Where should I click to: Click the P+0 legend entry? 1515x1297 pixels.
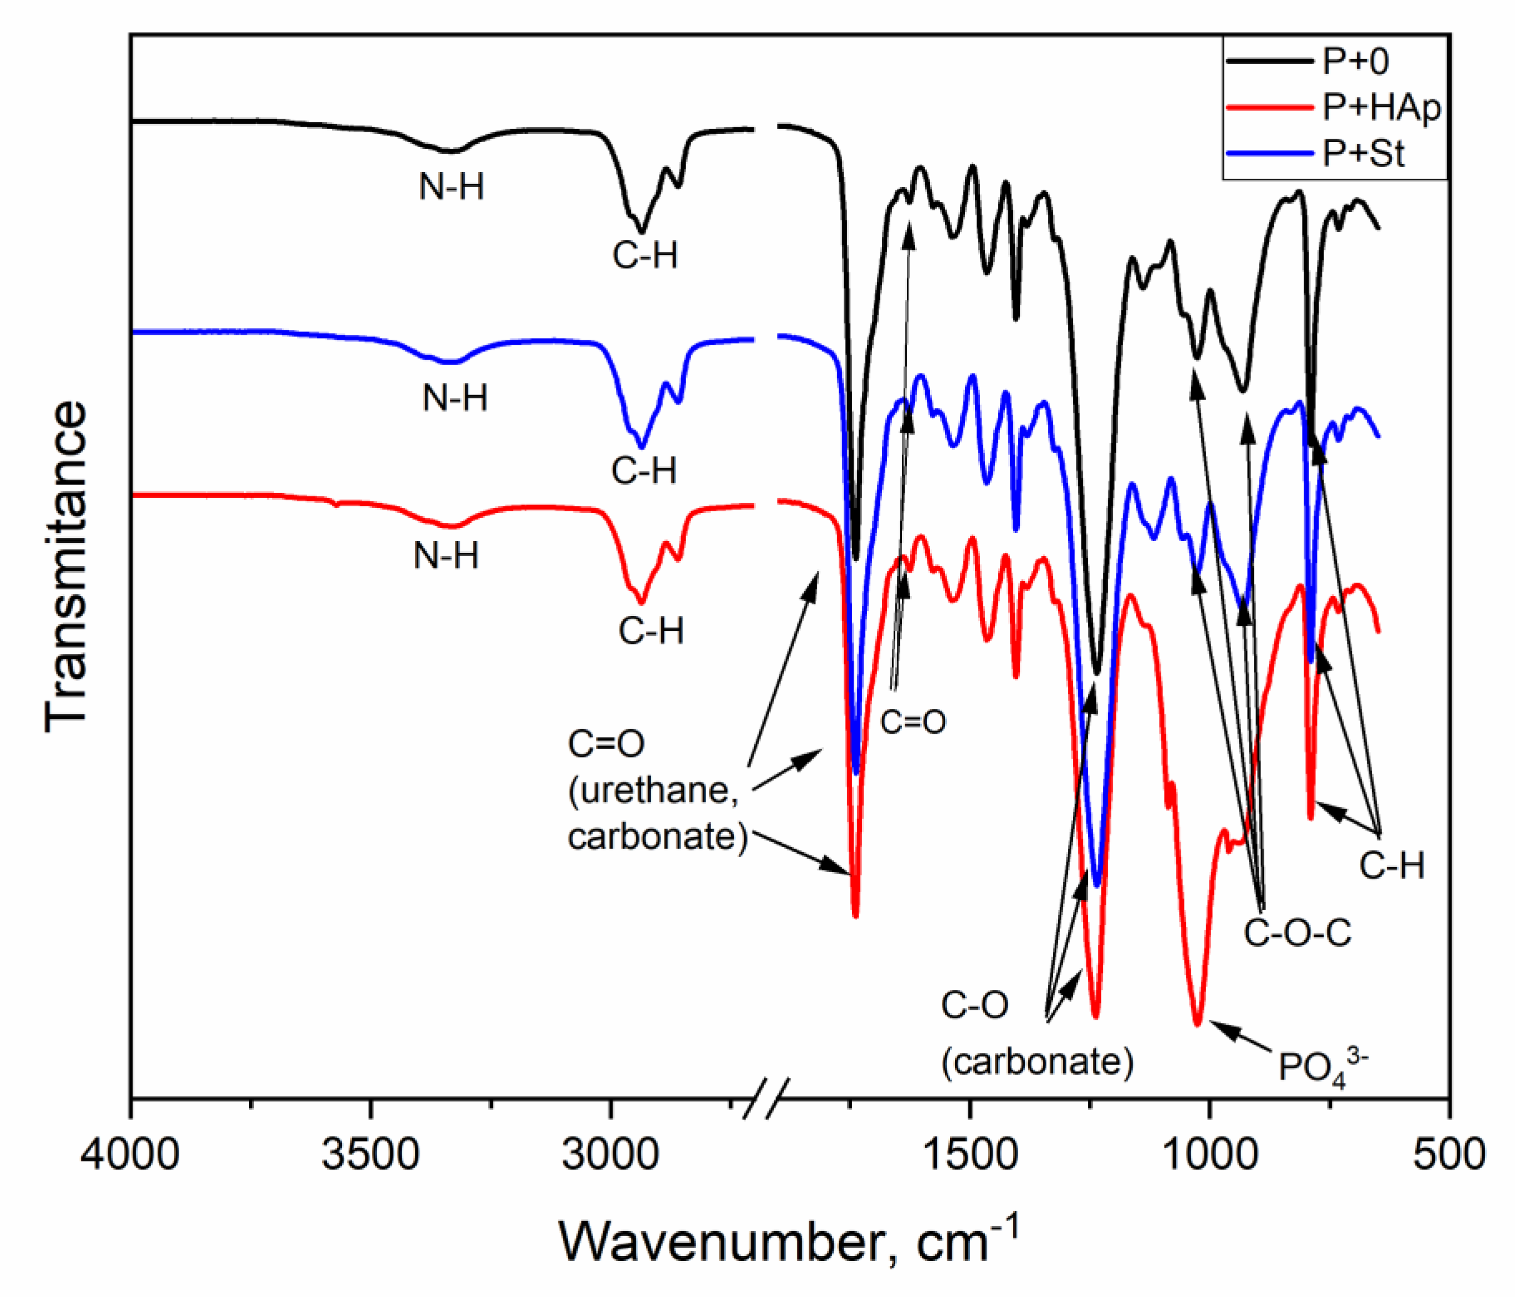1355,61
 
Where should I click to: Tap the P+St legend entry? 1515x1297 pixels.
1363,153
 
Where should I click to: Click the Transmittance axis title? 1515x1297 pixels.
66,567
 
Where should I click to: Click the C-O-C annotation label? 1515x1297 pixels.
1298,933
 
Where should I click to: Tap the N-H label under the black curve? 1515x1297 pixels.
451,187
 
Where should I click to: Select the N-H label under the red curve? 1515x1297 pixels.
446,557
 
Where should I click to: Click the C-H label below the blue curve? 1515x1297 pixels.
644,471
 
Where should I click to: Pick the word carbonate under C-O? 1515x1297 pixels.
1037,1062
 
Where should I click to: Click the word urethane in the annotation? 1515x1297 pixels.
653,790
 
